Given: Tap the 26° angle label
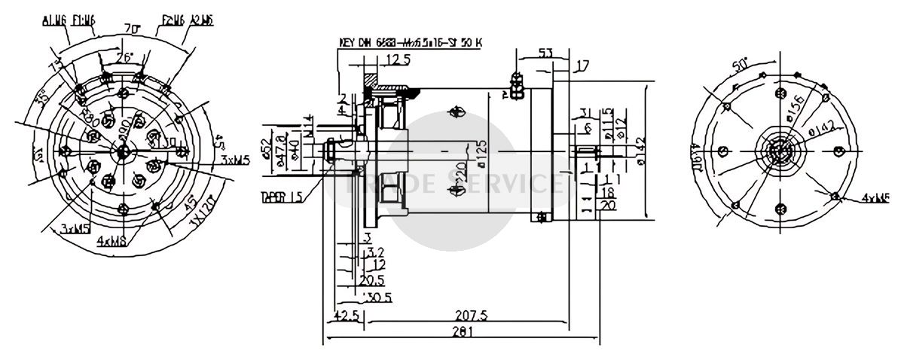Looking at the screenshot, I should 124,56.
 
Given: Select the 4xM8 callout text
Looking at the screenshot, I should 112,241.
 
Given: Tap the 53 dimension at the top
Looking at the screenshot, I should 548,53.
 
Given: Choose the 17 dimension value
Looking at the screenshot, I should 582,66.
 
